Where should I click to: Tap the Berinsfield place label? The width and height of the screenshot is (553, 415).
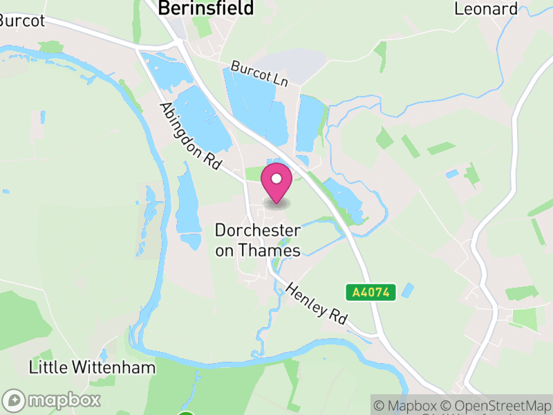coord(206,8)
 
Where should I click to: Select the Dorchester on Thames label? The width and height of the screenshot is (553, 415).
coord(258,240)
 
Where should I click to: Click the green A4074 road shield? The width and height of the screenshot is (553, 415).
coord(371,293)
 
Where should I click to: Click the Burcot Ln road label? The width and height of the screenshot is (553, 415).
coord(259,74)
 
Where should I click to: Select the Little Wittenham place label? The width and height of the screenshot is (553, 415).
coord(92,367)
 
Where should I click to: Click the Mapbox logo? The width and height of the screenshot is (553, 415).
coord(53,400)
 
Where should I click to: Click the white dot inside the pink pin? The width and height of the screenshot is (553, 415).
coord(276,178)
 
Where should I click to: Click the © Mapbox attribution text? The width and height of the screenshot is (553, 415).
coord(407,405)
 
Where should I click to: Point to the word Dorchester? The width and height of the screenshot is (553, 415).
coord(258,230)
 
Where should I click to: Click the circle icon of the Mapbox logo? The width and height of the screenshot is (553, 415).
coord(15,400)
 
